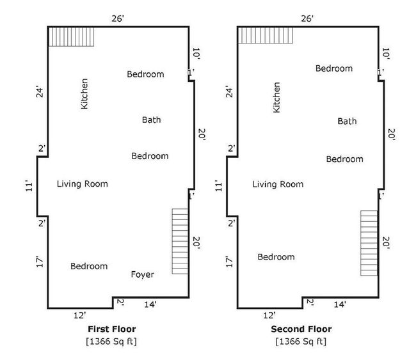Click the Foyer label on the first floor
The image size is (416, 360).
[x=143, y=275]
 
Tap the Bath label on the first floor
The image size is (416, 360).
[x=151, y=120]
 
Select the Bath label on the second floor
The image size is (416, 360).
[x=347, y=121]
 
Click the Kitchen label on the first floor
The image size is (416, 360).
[x=84, y=93]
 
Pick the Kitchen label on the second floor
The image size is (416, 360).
[x=276, y=97]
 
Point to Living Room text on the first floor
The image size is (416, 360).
[x=83, y=184]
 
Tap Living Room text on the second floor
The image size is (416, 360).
[x=278, y=184]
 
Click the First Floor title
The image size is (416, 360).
[x=112, y=329]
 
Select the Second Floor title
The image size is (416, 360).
[x=301, y=329]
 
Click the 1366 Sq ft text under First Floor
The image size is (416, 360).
[x=111, y=341]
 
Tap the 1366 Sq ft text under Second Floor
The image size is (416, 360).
[x=301, y=341]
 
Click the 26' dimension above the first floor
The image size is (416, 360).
[x=118, y=19]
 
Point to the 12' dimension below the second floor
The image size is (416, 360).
[x=269, y=315]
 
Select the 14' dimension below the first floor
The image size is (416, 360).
[x=150, y=304]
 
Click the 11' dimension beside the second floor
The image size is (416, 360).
[x=218, y=186]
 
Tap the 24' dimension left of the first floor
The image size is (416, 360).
[x=40, y=91]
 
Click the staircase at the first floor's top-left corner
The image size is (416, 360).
[x=72, y=37]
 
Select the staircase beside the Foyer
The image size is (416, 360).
[x=180, y=241]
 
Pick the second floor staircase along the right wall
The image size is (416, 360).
[x=369, y=243]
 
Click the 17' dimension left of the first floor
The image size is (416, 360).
[x=40, y=262]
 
